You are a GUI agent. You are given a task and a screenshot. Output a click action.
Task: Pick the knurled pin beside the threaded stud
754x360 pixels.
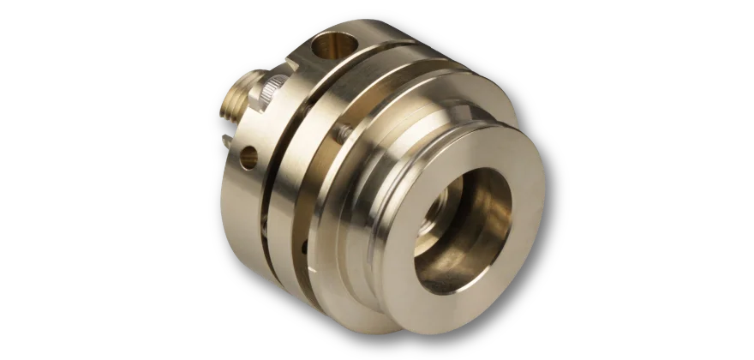[x=272, y=87]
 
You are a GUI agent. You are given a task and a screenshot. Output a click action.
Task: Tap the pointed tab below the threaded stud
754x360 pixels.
[x=224, y=141]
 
